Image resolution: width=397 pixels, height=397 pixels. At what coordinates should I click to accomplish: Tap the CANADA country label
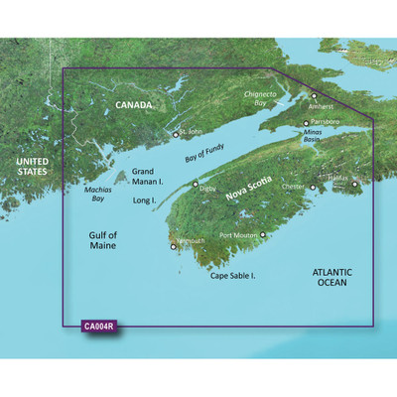[x=134, y=105]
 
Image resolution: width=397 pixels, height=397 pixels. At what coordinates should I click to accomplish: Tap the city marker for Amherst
[x=316, y=96]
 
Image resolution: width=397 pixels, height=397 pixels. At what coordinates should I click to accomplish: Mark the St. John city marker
[x=176, y=134]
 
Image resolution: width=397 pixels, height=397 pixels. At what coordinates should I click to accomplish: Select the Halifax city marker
[x=354, y=183]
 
